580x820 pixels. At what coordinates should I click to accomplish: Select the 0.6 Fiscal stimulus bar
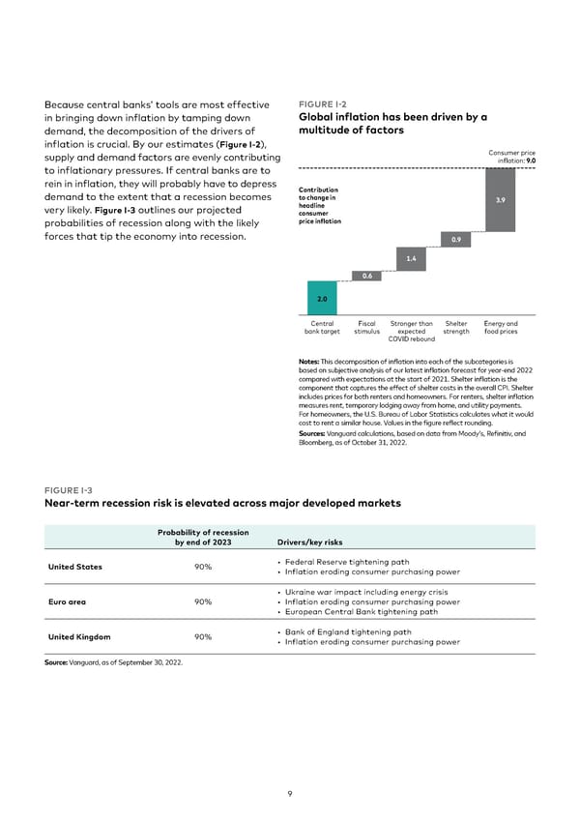[x=367, y=276]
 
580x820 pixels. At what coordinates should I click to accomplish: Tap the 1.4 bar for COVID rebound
[x=411, y=258]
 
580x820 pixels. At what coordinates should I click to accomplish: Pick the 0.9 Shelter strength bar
[x=455, y=239]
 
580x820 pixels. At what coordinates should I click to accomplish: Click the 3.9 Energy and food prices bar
[x=500, y=200]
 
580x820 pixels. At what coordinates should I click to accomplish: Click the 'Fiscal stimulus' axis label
[x=367, y=327]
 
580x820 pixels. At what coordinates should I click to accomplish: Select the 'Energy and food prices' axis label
[x=500, y=327]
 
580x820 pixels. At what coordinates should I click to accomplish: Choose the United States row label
[x=75, y=567]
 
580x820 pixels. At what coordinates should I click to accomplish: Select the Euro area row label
[x=66, y=601]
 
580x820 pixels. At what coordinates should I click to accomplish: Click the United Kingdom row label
[x=80, y=636]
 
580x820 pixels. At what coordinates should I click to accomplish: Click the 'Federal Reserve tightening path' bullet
[x=345, y=562]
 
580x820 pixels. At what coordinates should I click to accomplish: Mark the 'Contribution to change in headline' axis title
[x=318, y=200]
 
